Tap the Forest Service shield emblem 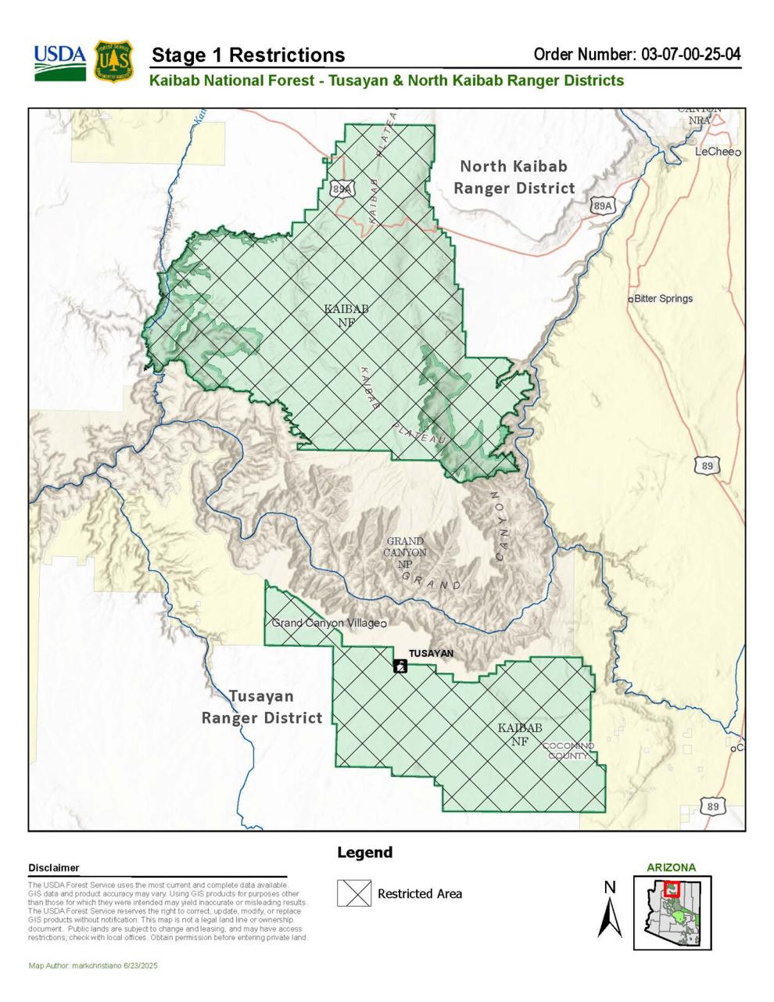[x=114, y=63]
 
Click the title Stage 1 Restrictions [x=248, y=56]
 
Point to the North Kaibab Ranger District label [x=514, y=177]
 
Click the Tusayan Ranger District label [x=262, y=707]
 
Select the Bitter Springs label [x=663, y=299]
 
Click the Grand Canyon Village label [x=326, y=623]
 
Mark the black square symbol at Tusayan [x=400, y=666]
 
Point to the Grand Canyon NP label [x=405, y=551]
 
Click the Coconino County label [x=568, y=751]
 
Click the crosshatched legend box [x=354, y=893]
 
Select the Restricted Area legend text [x=420, y=893]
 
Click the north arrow [x=610, y=911]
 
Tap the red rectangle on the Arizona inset [x=671, y=889]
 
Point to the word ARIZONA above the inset [x=671, y=867]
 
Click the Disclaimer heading [x=54, y=867]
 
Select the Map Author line [x=93, y=966]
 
